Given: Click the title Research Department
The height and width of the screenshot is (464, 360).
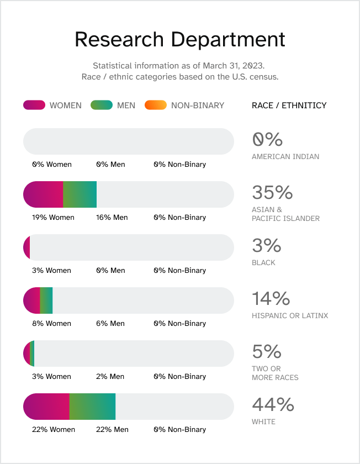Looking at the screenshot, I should click(x=179, y=40).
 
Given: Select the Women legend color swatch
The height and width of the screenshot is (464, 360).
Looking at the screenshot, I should click(x=34, y=105).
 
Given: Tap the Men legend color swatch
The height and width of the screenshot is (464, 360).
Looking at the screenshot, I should click(x=102, y=105).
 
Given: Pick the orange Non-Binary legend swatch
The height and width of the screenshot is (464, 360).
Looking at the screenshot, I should click(x=155, y=105).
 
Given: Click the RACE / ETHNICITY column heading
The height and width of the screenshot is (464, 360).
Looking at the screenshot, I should click(x=289, y=105).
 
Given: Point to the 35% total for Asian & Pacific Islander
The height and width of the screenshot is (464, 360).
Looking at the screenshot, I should click(x=272, y=192).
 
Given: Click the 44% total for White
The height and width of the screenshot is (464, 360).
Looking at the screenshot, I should click(x=273, y=404).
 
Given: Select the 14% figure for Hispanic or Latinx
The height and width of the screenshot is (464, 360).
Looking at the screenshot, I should click(x=271, y=298).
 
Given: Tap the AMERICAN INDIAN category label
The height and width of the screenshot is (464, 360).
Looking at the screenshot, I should click(x=285, y=156).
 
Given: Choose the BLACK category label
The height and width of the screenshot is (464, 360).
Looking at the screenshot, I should click(x=263, y=262).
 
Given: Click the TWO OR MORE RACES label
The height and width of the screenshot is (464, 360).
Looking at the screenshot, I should click(x=275, y=373).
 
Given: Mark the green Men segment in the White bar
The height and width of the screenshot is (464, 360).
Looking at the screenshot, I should click(x=92, y=407).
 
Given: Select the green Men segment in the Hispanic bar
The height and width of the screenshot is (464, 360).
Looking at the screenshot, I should click(x=46, y=300).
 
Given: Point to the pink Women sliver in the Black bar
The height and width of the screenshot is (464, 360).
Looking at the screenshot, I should click(x=27, y=247).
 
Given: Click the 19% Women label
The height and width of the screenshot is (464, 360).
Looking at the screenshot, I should click(x=53, y=217).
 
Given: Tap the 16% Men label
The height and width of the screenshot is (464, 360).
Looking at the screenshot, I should click(x=112, y=217).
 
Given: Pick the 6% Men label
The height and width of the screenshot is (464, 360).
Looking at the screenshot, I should click(x=110, y=323).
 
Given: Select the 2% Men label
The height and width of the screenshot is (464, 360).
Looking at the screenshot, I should click(x=110, y=376).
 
